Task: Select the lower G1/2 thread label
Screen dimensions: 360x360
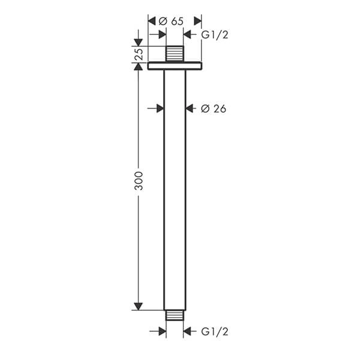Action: (214, 331)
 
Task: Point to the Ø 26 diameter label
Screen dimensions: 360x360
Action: (214, 109)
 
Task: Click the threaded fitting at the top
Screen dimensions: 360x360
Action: (175, 53)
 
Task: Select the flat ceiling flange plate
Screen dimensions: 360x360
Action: (175, 65)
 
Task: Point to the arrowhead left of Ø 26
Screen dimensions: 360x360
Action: (190, 109)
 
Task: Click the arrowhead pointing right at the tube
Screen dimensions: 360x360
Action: (160, 109)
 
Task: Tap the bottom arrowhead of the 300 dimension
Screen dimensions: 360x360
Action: (139, 306)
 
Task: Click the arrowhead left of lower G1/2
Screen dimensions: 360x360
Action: (187, 331)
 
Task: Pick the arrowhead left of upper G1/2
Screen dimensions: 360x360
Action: (187, 35)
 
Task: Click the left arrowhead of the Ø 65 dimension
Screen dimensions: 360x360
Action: (152, 21)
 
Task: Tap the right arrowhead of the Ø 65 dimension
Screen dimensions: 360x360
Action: (197, 21)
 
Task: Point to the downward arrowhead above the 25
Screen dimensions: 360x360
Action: (139, 42)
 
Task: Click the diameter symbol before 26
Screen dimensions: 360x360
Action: (204, 109)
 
